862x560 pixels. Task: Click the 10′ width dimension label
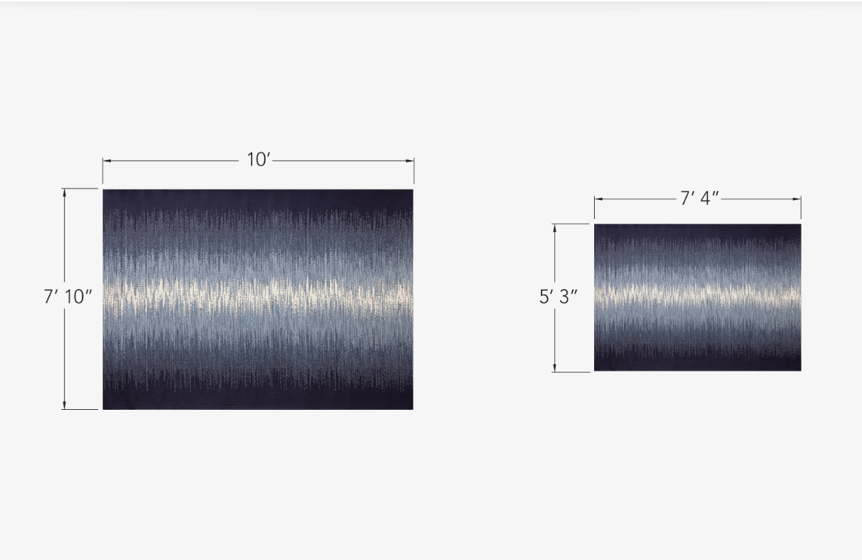(x=259, y=159)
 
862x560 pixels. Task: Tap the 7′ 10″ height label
(x=68, y=297)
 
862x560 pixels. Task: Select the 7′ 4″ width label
(x=699, y=199)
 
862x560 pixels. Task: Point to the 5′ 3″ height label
(x=558, y=297)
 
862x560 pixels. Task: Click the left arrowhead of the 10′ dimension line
(x=107, y=161)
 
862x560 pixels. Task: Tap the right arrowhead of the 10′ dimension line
(x=410, y=161)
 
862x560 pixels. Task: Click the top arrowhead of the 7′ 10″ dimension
(x=64, y=193)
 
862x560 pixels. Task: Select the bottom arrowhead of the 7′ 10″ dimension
(x=64, y=405)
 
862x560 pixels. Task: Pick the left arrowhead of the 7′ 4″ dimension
(x=598, y=199)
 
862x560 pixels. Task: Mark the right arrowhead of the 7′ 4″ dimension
(x=797, y=199)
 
